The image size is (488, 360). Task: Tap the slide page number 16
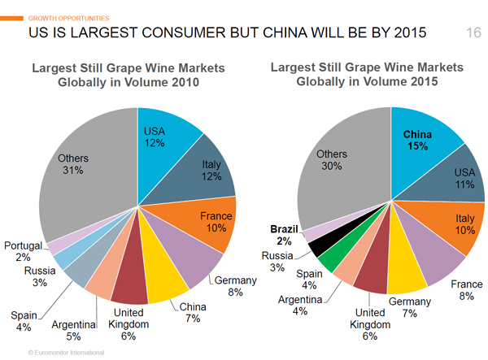pyautogui.click(x=473, y=33)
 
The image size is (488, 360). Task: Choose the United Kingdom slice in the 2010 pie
pyautogui.click(x=130, y=280)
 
